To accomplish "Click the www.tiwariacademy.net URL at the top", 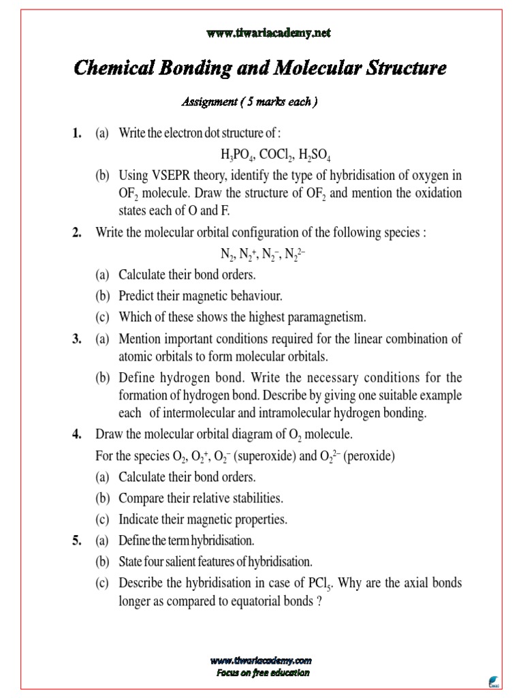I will click(x=261, y=33).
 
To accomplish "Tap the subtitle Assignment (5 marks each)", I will click(x=249, y=102).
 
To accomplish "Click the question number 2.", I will click(x=76, y=232).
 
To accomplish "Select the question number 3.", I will click(x=76, y=338).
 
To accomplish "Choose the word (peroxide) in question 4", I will click(x=370, y=456).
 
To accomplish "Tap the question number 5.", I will click(x=76, y=541).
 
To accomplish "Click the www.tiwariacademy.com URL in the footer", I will click(x=261, y=661).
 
